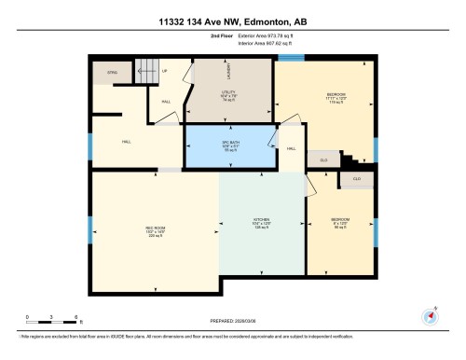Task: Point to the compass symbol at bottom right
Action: pos(430,313)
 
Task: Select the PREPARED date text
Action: pos(234,320)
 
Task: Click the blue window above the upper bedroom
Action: pos(292,58)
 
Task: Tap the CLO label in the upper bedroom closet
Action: pos(323,160)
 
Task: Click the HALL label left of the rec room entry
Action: pos(126,143)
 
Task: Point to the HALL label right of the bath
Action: pos(291,149)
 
